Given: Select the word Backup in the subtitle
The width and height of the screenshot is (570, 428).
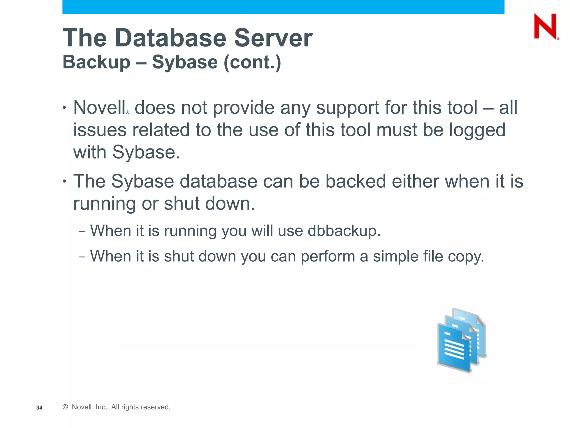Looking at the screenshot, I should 96,62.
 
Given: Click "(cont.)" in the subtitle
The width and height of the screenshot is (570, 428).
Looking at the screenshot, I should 252,62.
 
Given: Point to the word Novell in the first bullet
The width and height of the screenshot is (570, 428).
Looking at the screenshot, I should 99,108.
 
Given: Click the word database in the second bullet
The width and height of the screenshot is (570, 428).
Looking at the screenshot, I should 218,181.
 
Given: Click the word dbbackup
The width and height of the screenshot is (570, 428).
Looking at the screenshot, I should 344,231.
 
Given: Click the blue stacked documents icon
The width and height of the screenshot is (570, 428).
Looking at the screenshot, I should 461,341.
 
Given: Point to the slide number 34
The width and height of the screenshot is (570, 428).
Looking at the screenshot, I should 39,408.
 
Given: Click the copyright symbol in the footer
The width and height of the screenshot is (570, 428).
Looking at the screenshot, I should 65,407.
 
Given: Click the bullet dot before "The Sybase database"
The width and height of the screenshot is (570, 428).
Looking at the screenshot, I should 65,181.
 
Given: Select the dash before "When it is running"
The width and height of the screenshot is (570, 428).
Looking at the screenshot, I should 82,231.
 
